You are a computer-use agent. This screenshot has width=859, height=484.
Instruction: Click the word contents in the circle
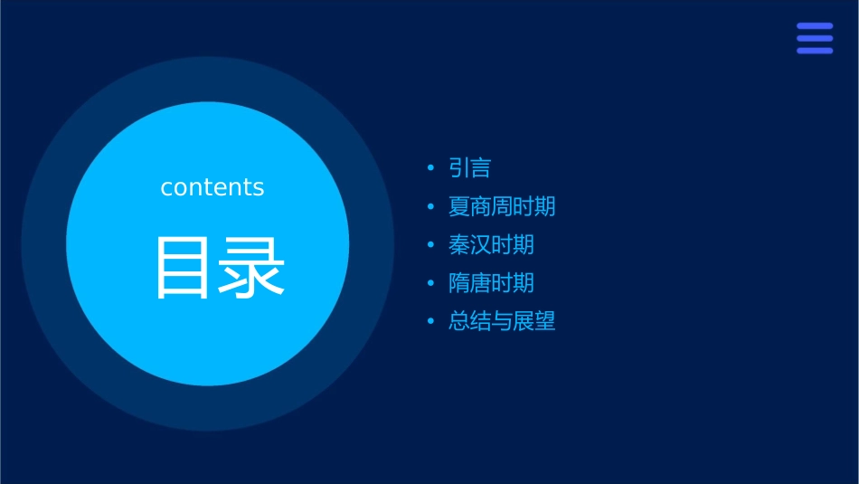point(212,187)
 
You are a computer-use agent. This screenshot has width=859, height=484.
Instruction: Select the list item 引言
point(469,168)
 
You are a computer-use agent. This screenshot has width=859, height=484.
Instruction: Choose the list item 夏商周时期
point(502,206)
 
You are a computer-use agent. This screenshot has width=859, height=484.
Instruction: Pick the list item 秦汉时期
point(491,244)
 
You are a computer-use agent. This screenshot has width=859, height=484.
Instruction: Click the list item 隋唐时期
point(491,283)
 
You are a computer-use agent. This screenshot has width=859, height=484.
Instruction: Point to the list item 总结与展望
point(502,321)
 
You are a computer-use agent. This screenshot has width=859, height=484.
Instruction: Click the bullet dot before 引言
point(430,168)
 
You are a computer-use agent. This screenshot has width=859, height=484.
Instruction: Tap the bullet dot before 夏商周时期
point(430,207)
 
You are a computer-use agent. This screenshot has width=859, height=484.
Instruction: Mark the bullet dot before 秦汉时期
point(430,245)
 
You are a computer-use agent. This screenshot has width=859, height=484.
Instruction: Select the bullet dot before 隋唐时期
point(430,283)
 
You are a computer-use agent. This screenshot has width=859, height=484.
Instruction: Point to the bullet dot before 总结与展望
point(430,321)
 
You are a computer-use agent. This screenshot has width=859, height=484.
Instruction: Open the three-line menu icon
point(814,38)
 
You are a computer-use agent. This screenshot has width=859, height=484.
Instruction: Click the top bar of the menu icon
point(814,26)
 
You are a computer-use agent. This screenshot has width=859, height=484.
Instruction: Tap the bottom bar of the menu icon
point(814,51)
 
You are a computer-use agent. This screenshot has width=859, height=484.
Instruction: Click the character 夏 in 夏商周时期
point(459,206)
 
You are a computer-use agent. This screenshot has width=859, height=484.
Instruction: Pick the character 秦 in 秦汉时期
point(459,244)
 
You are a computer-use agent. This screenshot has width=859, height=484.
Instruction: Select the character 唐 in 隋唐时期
point(480,283)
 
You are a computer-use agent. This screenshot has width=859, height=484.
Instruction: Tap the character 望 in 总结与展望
point(544,321)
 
